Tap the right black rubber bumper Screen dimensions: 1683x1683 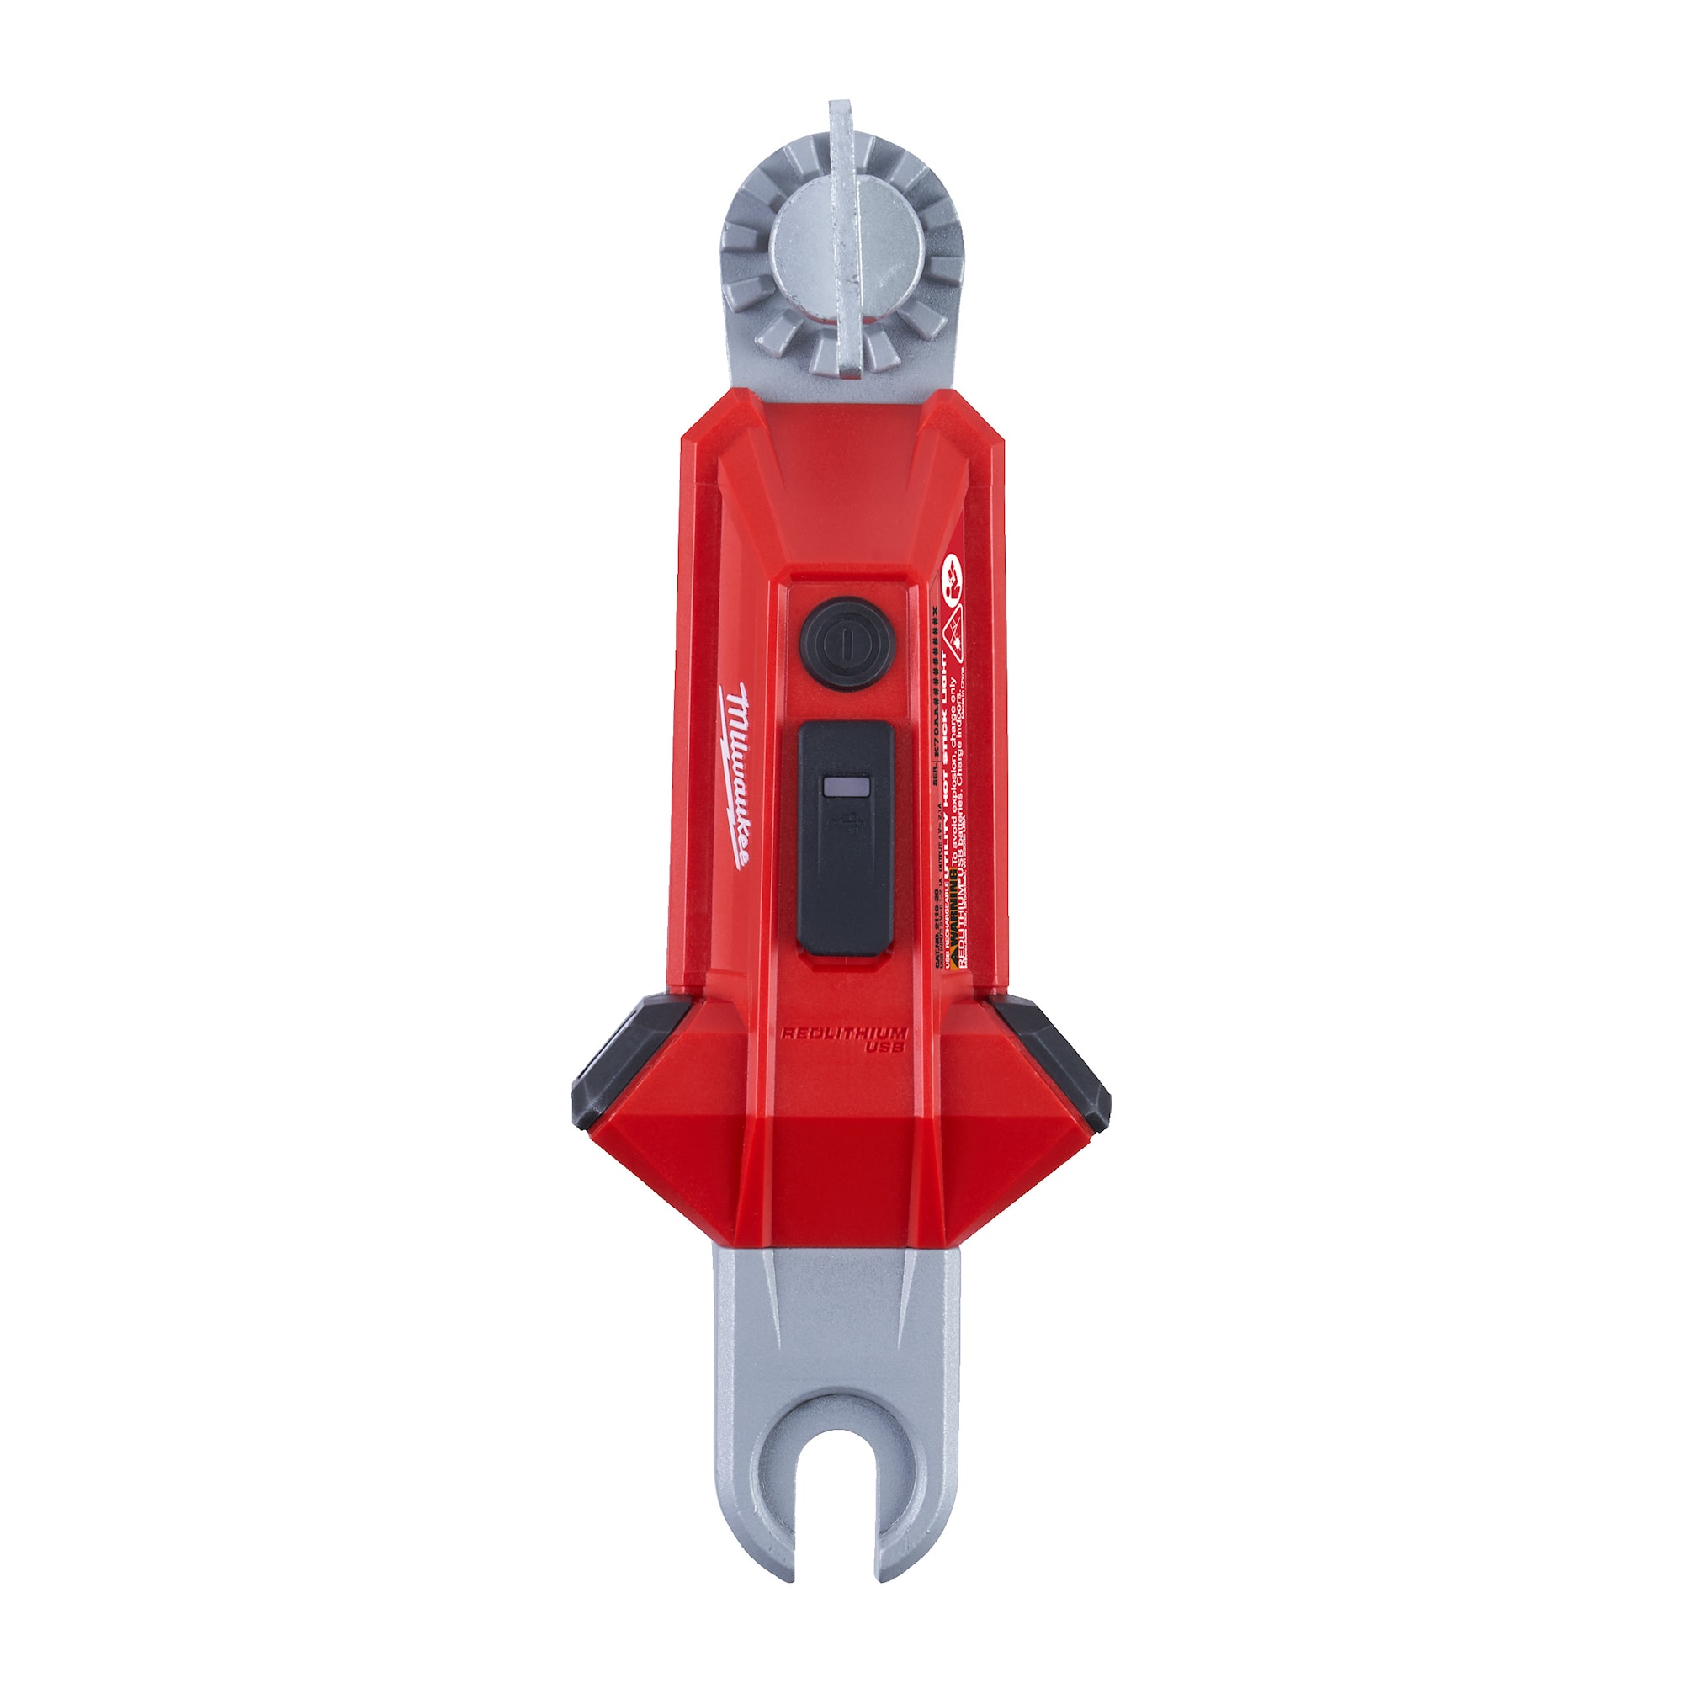coord(1057,1056)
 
